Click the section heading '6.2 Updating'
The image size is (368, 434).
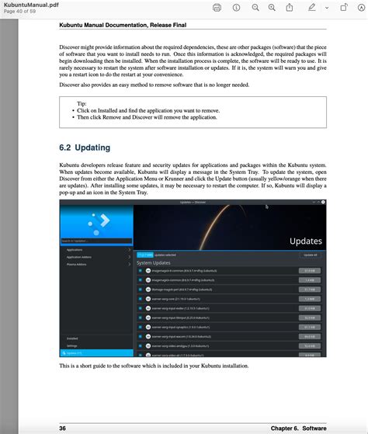[x=84, y=148]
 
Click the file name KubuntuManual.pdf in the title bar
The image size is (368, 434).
[x=31, y=5]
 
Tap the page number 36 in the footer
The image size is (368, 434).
[x=63, y=428]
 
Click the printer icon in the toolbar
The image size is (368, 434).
[x=217, y=8]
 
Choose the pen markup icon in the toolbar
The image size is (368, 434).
[x=312, y=8]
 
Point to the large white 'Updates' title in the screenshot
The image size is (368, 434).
[x=305, y=241]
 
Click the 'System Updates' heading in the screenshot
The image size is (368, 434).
[x=154, y=263]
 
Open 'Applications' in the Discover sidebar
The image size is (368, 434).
[x=75, y=250]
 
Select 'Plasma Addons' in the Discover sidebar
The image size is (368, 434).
[x=77, y=264]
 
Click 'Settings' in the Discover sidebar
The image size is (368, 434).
[x=72, y=345]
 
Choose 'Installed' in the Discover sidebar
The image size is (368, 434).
[x=72, y=339]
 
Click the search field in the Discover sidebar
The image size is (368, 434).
[x=93, y=241]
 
